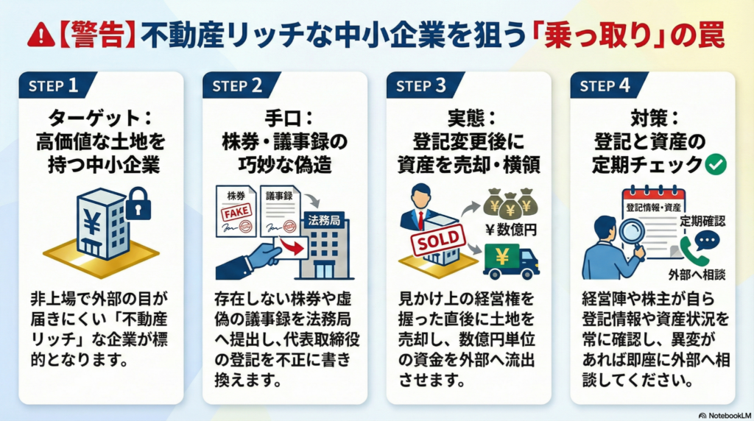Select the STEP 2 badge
click(x=237, y=85)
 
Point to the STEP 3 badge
click(x=421, y=85)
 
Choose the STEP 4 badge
click(x=605, y=85)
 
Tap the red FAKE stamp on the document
click(x=235, y=212)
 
